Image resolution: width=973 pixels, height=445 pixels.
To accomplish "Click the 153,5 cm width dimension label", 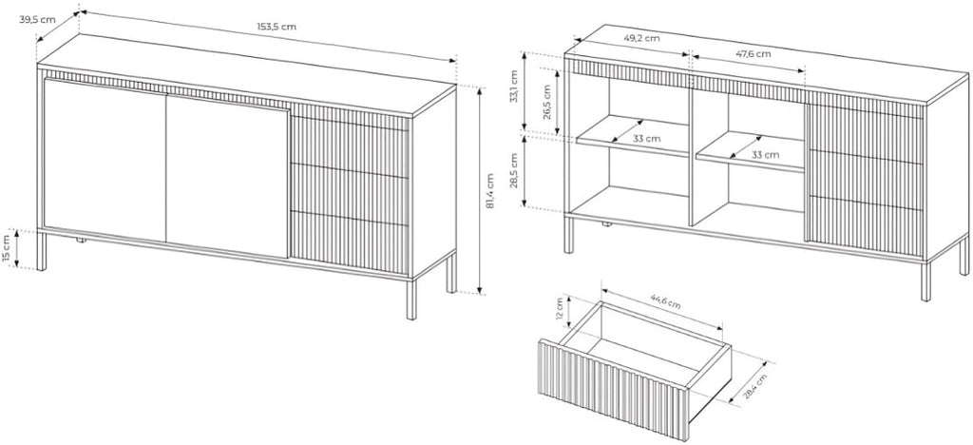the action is tap(277, 27).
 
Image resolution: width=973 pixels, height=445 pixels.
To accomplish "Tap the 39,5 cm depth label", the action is tap(37, 20).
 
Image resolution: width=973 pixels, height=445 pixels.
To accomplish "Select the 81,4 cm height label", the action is tap(489, 190).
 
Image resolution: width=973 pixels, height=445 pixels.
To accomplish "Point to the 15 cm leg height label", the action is tap(7, 249).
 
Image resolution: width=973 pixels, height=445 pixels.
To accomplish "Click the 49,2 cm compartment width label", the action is tap(641, 38).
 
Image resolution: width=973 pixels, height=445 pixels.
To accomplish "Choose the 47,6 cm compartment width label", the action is tap(754, 54).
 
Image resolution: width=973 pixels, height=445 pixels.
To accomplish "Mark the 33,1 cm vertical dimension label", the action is tap(514, 87).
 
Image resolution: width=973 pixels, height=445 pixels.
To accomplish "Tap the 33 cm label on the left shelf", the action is tap(646, 139).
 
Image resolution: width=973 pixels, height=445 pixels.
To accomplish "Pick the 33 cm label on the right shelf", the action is tap(765, 155).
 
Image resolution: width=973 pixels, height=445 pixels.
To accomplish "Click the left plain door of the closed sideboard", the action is tap(105, 160).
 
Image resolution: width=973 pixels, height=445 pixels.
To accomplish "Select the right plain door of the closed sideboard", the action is tap(228, 176).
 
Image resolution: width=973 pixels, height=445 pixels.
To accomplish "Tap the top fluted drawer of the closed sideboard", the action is tap(350, 140).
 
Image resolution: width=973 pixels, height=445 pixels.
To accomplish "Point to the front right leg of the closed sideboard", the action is tap(411, 300).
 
